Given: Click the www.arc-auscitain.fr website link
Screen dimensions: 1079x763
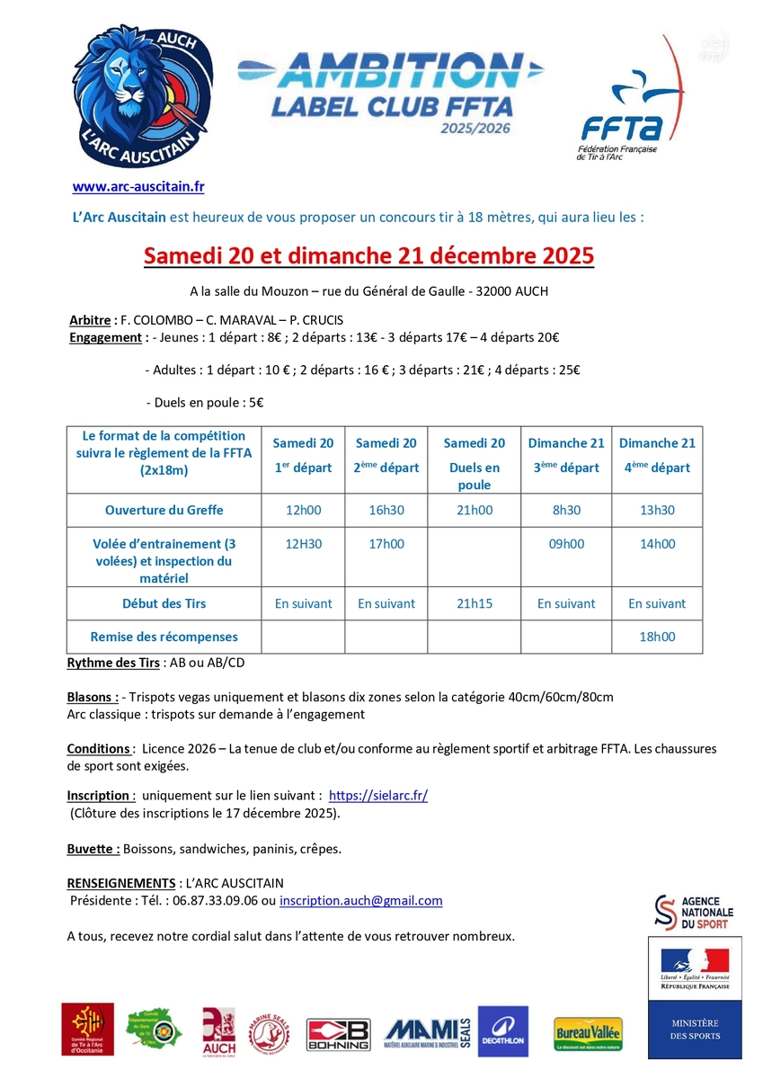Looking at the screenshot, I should (138, 187).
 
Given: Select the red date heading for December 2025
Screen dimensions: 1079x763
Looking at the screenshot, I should (369, 255).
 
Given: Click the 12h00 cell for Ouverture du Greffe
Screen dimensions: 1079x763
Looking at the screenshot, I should (303, 510).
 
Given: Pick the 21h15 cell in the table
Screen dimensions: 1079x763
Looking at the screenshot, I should (474, 603).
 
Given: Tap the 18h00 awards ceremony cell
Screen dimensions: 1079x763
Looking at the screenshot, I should (656, 637).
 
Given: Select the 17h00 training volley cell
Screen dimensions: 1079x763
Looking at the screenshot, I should (386, 544).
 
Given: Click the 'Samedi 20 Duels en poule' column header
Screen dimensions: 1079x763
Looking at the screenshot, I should (474, 463).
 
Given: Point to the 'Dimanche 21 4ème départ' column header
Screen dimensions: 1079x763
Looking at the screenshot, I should (656, 455).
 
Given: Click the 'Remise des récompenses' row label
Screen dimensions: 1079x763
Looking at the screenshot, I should (164, 637).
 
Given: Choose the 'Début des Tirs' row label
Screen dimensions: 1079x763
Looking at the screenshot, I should (164, 603).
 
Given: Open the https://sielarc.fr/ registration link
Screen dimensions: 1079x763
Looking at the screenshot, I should (378, 796).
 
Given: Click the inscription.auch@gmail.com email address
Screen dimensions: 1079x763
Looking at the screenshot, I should (360, 900).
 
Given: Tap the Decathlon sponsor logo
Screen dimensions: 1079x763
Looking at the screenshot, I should (503, 1030).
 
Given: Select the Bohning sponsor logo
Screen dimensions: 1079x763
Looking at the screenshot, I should (338, 1034).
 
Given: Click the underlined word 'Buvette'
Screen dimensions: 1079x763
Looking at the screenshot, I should (93, 849).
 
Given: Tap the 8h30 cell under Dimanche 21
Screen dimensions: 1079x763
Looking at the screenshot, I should (566, 510).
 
